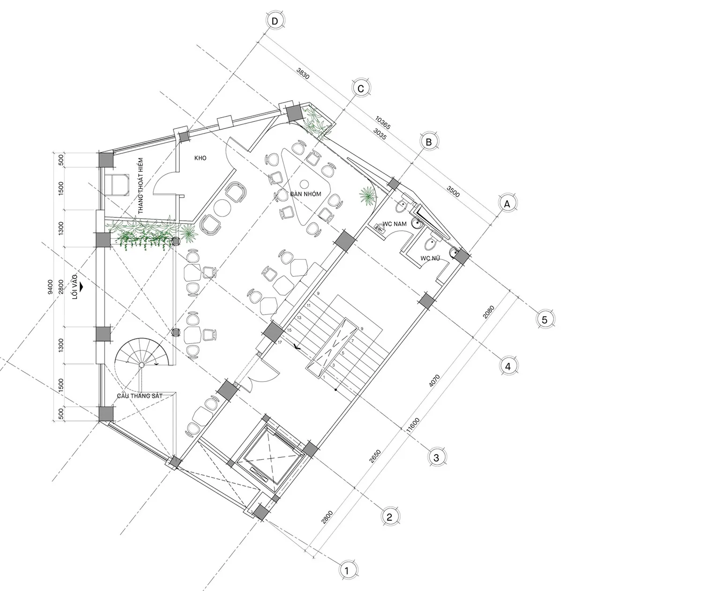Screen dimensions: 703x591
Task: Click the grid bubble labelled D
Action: click(275, 21)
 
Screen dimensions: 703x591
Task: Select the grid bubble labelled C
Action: click(360, 89)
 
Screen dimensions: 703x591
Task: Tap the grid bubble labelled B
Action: click(429, 142)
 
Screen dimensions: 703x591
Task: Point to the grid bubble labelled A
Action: click(507, 204)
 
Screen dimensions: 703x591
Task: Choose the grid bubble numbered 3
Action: click(436, 457)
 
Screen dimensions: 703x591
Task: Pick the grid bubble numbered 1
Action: click(347, 570)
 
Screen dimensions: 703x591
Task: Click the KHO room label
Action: click(200, 158)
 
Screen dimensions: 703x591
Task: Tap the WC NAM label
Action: click(395, 224)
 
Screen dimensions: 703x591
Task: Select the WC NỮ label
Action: click(430, 258)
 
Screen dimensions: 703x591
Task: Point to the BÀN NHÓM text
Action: click(306, 194)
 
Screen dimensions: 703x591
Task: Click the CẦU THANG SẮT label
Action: click(140, 396)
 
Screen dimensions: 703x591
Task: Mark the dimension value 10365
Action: click(383, 123)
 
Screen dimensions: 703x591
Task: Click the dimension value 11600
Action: click(413, 425)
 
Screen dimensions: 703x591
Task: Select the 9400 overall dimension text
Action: click(50, 287)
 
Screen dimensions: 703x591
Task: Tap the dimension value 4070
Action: click(434, 381)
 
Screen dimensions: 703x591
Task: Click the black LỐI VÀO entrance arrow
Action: click(82, 287)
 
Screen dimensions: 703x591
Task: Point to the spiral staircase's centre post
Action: click(142, 365)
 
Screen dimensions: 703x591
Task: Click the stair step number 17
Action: click(280, 342)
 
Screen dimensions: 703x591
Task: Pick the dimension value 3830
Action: click(303, 73)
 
